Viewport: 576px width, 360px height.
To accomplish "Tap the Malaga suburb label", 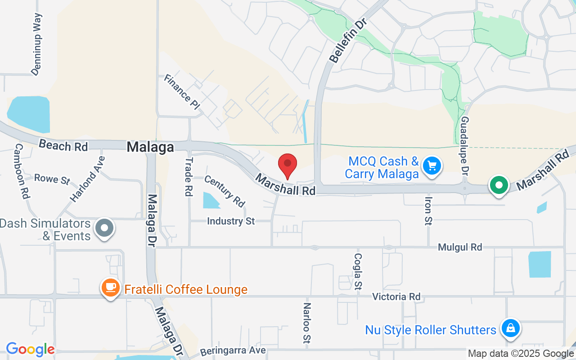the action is [x=150, y=147].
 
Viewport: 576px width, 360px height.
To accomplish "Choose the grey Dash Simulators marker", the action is [x=105, y=227].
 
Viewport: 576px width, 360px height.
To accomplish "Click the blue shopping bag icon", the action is [x=510, y=328].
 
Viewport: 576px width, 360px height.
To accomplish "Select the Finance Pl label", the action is [x=181, y=92].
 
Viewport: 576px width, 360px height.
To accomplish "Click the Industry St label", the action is [x=231, y=221].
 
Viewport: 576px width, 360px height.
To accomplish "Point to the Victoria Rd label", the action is [x=396, y=297].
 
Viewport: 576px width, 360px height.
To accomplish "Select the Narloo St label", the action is [x=307, y=322].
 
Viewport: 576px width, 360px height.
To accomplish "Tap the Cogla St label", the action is [x=358, y=271].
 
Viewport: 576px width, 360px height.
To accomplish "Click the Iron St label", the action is [x=428, y=210].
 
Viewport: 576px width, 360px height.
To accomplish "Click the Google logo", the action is [x=30, y=349].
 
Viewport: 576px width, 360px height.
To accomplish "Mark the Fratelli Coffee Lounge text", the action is [x=186, y=289].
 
